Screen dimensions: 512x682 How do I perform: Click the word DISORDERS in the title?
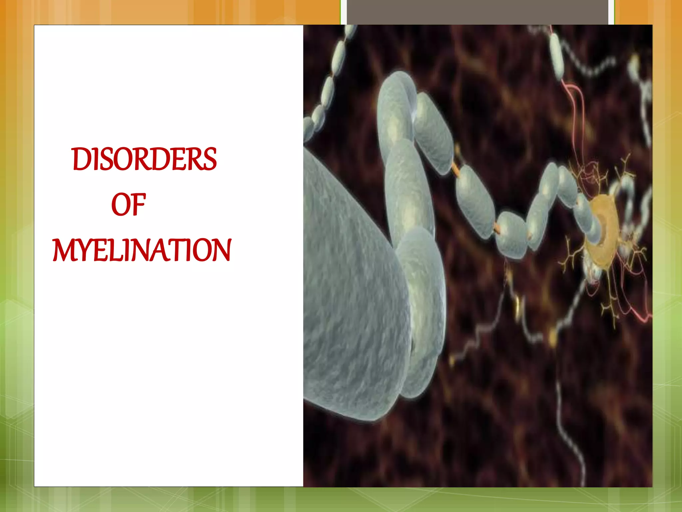144,159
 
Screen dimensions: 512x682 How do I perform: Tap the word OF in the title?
129,205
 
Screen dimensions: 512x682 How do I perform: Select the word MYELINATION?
142,250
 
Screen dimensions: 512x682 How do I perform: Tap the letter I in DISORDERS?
95,159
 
